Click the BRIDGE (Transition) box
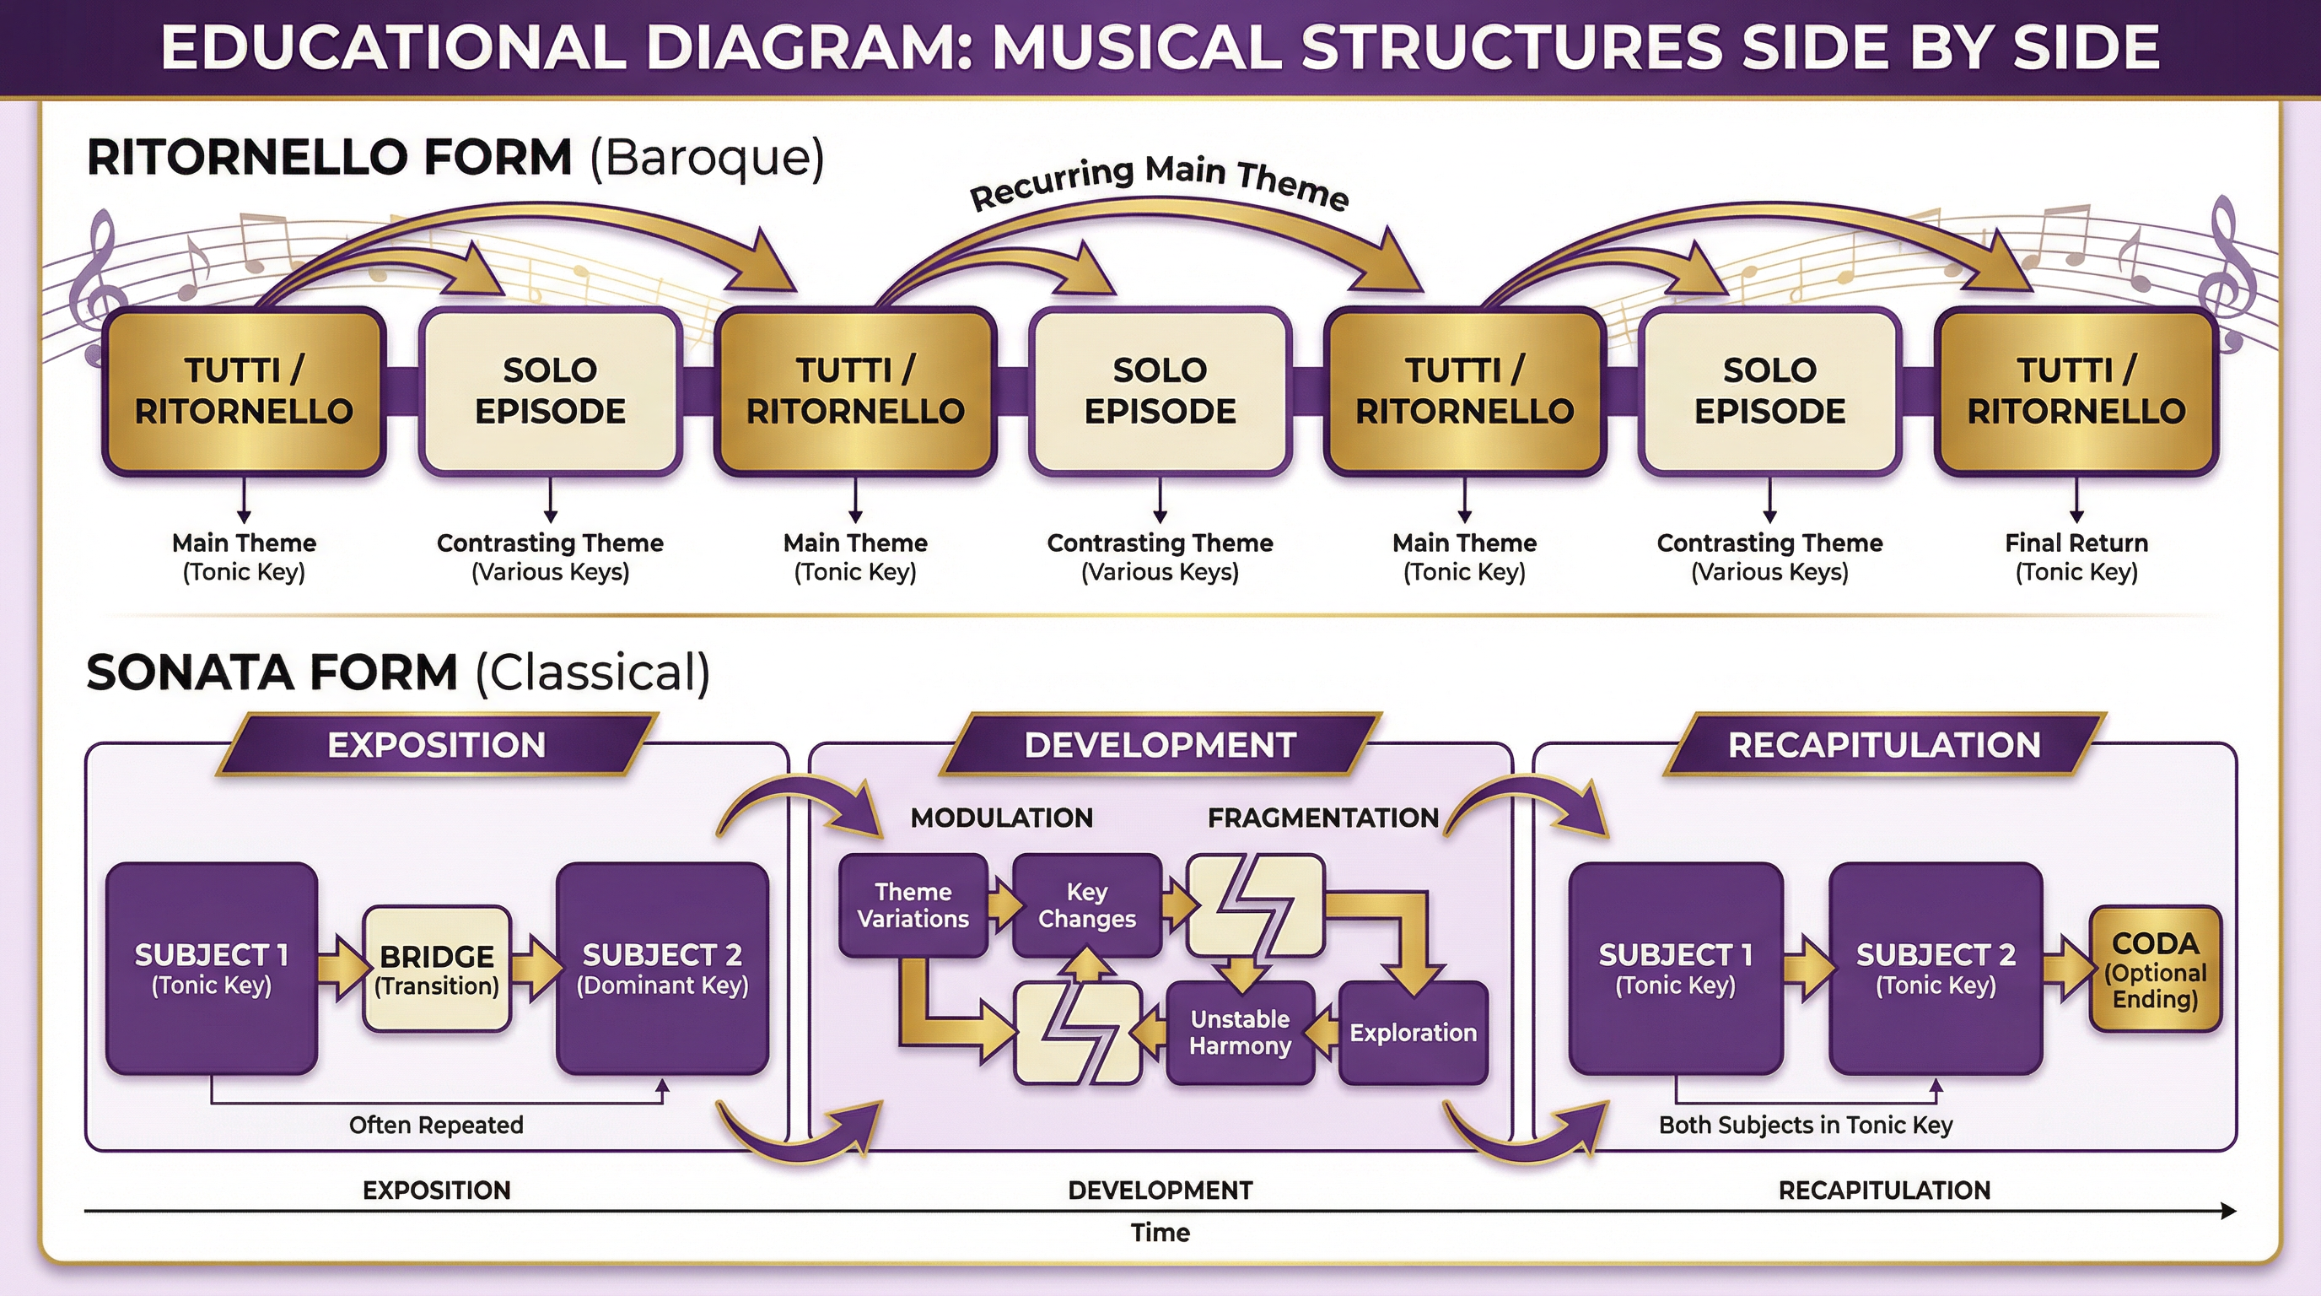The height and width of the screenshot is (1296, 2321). (437, 969)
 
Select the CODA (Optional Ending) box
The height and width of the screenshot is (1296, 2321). (2155, 969)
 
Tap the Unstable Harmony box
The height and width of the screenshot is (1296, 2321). (1240, 1033)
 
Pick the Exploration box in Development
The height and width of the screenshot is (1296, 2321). (1413, 1033)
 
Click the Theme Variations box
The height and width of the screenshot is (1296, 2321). (913, 904)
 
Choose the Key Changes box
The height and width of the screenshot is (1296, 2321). (1086, 904)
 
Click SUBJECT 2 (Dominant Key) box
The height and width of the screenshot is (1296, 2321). (662, 969)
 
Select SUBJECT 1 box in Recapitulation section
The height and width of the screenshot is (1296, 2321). (1675, 969)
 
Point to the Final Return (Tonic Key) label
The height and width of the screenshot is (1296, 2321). (2076, 557)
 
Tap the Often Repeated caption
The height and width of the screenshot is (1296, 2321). (436, 1125)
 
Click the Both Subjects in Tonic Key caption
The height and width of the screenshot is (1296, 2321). (1806, 1125)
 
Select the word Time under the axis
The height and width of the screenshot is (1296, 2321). (1160, 1232)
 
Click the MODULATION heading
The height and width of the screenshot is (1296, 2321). (1001, 818)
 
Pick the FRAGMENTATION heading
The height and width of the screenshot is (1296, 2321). (1322, 818)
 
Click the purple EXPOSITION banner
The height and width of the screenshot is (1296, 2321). (436, 745)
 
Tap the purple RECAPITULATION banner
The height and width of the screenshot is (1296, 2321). (1884, 745)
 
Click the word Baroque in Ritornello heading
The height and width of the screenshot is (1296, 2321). (708, 158)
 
